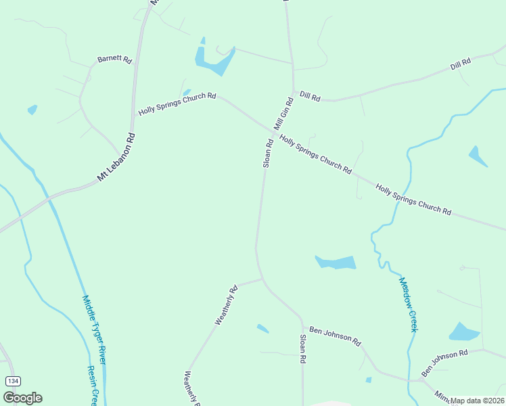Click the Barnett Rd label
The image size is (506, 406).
click(x=114, y=60)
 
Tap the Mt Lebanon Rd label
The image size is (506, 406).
click(x=116, y=157)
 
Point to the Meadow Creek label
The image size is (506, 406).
click(x=407, y=304)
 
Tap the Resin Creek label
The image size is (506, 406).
click(x=93, y=386)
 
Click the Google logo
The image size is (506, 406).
click(x=22, y=398)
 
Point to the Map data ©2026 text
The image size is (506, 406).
click(x=478, y=401)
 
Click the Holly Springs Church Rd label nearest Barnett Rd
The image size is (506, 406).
click(x=177, y=104)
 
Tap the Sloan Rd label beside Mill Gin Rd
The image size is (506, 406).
click(x=267, y=153)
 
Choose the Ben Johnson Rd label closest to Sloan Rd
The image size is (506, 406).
click(x=335, y=336)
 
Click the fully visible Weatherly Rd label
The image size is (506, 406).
click(x=227, y=305)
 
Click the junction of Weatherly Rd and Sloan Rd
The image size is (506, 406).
click(x=262, y=278)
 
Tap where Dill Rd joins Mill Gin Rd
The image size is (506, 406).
click(x=294, y=91)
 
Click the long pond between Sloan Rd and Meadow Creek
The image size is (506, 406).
click(x=336, y=262)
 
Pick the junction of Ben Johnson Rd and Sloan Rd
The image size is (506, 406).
click(x=302, y=317)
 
